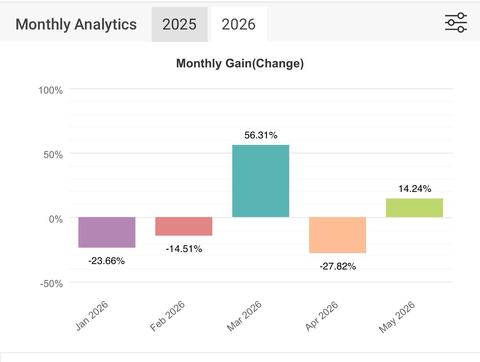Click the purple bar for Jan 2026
click(107, 232)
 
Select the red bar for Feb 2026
click(184, 227)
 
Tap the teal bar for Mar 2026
click(261, 181)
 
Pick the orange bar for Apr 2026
click(337, 235)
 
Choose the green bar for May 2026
click(415, 208)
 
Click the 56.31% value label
click(261, 135)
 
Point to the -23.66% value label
click(107, 261)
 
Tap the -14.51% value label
click(184, 249)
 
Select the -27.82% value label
click(338, 266)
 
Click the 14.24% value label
click(415, 189)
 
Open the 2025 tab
click(180, 24)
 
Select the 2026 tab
click(239, 24)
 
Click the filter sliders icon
click(456, 23)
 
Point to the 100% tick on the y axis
click(51, 90)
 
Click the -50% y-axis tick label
click(51, 284)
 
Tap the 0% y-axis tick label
click(56, 219)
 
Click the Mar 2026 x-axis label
click(244, 316)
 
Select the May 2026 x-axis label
click(396, 317)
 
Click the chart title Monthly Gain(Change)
click(240, 63)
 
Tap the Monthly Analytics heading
click(76, 24)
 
